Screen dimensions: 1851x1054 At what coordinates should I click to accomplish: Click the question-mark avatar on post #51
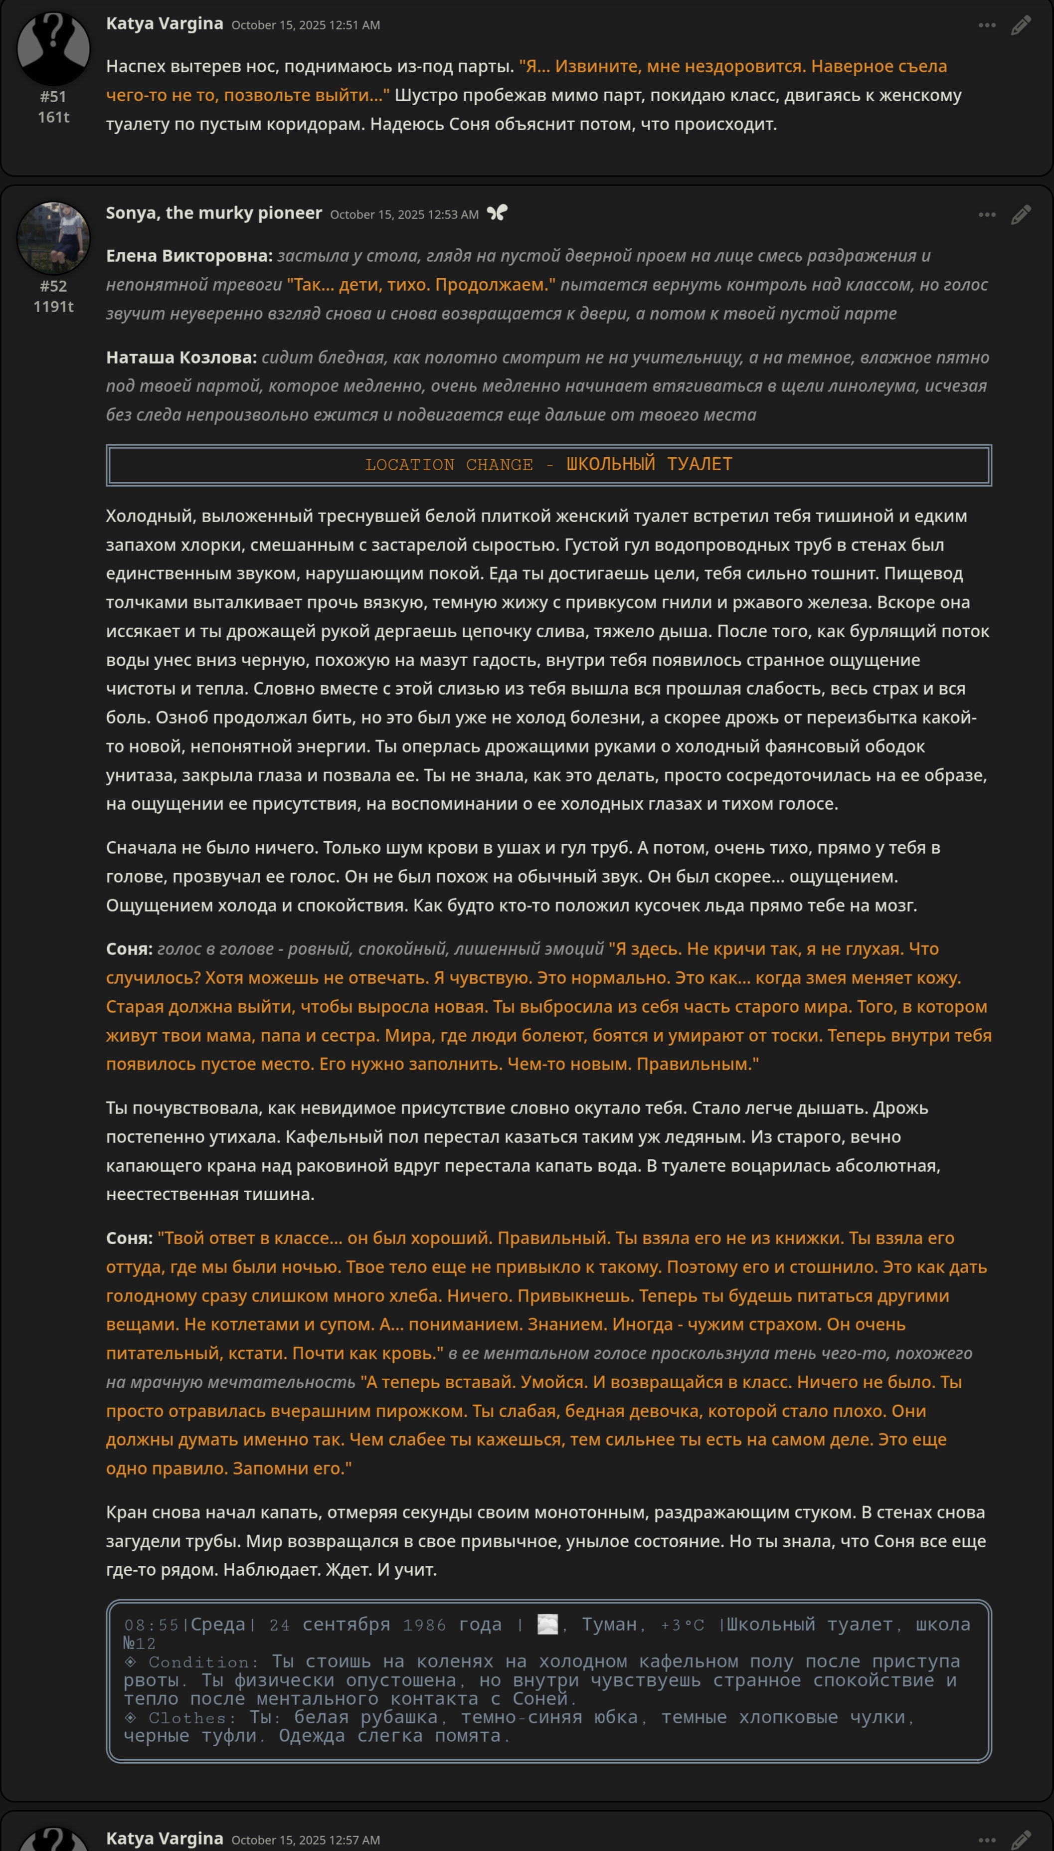(53, 48)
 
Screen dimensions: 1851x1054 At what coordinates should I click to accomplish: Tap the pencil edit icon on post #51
(1021, 25)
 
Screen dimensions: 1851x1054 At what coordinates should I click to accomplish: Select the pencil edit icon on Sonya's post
(1021, 215)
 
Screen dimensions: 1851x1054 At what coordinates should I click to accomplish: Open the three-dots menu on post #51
(987, 25)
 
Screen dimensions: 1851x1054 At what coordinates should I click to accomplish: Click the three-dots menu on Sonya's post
(987, 215)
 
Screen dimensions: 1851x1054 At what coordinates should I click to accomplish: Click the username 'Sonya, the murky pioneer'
(213, 213)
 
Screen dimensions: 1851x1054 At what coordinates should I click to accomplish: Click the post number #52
(53, 286)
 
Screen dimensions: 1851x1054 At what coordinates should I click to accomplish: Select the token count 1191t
(53, 306)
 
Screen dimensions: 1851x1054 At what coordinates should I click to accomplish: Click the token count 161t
(53, 117)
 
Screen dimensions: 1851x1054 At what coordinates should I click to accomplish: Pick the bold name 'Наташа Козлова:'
(181, 358)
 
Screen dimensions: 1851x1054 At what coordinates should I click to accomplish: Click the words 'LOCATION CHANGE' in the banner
(449, 465)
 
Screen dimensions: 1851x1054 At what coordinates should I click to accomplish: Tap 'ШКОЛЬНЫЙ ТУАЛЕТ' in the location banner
(649, 464)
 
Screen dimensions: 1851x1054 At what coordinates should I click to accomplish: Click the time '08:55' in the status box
(151, 1625)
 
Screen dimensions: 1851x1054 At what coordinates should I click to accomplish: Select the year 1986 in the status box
(424, 1625)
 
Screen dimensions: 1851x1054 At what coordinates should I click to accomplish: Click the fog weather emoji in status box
(548, 1625)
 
